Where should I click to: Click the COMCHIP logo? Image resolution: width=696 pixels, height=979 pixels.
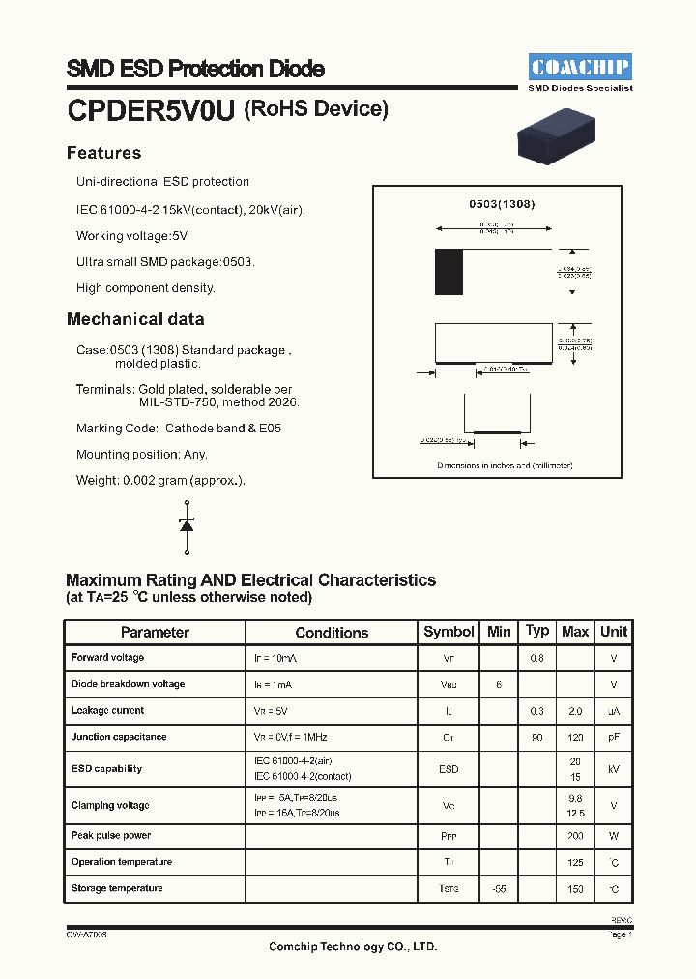580,67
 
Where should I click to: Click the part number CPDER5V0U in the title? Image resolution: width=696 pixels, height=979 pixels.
151,111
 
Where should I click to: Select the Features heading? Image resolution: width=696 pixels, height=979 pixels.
103,153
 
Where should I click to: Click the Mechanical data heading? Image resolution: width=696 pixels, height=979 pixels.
135,319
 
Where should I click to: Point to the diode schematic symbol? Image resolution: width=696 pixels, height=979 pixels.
187,525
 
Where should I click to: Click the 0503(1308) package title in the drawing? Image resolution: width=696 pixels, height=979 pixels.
502,204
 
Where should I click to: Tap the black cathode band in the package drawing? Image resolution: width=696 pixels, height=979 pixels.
449,272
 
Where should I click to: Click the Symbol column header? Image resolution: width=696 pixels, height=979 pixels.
449,632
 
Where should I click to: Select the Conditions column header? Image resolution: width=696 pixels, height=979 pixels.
332,632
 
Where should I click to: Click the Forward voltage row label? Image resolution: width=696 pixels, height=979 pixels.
108,658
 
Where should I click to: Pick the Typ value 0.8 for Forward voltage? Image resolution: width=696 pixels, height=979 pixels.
537,658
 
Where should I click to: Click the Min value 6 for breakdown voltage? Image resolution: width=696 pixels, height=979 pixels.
499,684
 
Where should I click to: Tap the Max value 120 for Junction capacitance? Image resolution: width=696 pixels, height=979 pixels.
575,737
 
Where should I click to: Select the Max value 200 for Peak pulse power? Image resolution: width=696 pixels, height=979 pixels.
575,835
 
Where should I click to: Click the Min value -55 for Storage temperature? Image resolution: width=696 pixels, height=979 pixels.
499,888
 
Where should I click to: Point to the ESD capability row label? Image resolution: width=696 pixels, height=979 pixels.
106,769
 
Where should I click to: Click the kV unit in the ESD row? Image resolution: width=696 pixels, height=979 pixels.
614,769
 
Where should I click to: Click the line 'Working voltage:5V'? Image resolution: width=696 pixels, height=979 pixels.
132,235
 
